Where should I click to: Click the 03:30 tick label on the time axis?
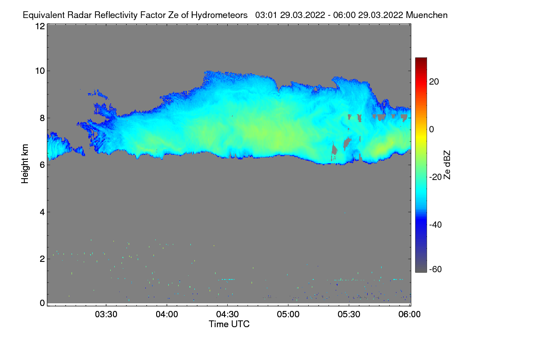[106, 315]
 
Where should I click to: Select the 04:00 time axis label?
[167, 315]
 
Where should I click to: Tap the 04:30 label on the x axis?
[228, 315]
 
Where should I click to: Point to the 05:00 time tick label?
[288, 315]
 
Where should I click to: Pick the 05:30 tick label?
[349, 315]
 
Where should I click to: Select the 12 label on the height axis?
[40, 26]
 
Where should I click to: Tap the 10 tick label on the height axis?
[40, 71]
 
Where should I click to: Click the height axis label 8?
[42, 118]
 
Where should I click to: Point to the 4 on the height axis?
[42, 212]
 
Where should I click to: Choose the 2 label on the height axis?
[42, 259]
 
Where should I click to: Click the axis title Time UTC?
[229, 324]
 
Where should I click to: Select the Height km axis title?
[25, 164]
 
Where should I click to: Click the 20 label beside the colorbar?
[434, 81]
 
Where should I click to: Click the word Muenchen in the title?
[427, 15]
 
